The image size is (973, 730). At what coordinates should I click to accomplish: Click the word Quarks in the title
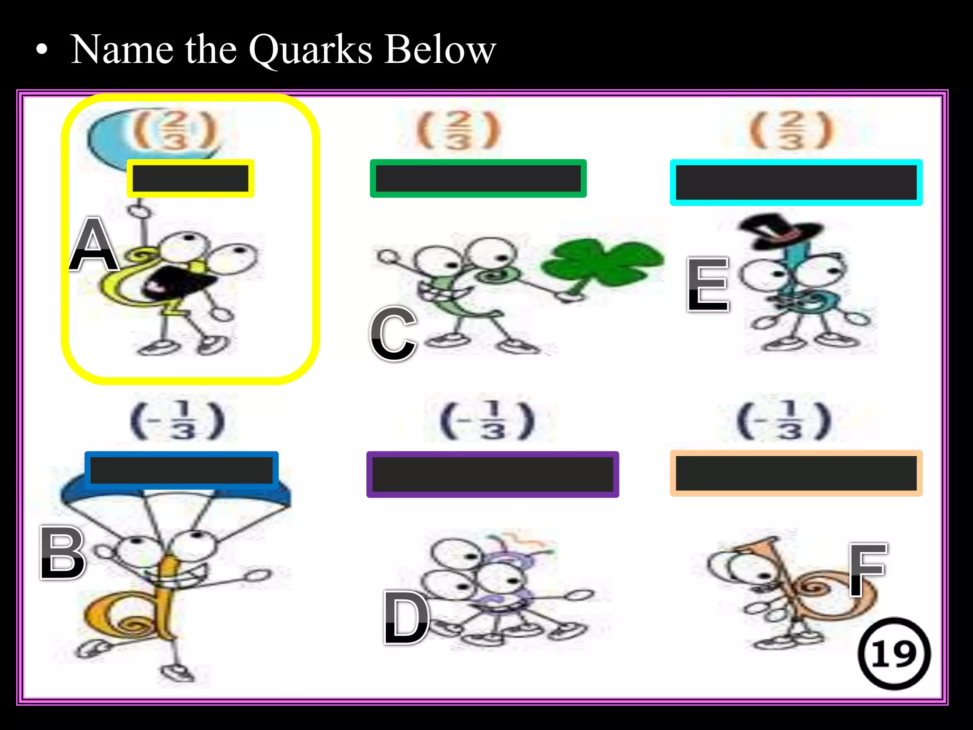tap(311, 50)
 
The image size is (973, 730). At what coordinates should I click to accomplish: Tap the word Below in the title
tap(440, 49)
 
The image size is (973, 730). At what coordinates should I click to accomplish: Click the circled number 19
tap(894, 654)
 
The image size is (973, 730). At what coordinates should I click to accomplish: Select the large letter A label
tap(94, 244)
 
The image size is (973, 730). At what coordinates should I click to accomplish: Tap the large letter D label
tap(406, 618)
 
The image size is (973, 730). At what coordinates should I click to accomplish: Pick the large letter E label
tap(708, 285)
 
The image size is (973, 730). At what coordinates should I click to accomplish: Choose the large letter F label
tap(867, 569)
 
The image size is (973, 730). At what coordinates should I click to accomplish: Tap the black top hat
tap(779, 231)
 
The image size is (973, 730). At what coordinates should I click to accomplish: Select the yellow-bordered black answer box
tap(191, 179)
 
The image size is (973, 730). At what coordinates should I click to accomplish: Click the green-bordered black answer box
tap(478, 179)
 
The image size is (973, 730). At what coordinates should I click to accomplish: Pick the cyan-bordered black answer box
tap(796, 182)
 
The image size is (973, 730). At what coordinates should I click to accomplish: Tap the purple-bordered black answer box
tap(492, 474)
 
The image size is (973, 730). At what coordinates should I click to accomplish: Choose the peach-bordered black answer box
tap(796, 473)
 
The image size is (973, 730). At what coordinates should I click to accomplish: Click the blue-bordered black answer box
tap(181, 470)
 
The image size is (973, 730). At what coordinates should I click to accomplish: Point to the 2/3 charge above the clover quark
tap(458, 130)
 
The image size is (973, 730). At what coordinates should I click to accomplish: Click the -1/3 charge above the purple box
tap(487, 421)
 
